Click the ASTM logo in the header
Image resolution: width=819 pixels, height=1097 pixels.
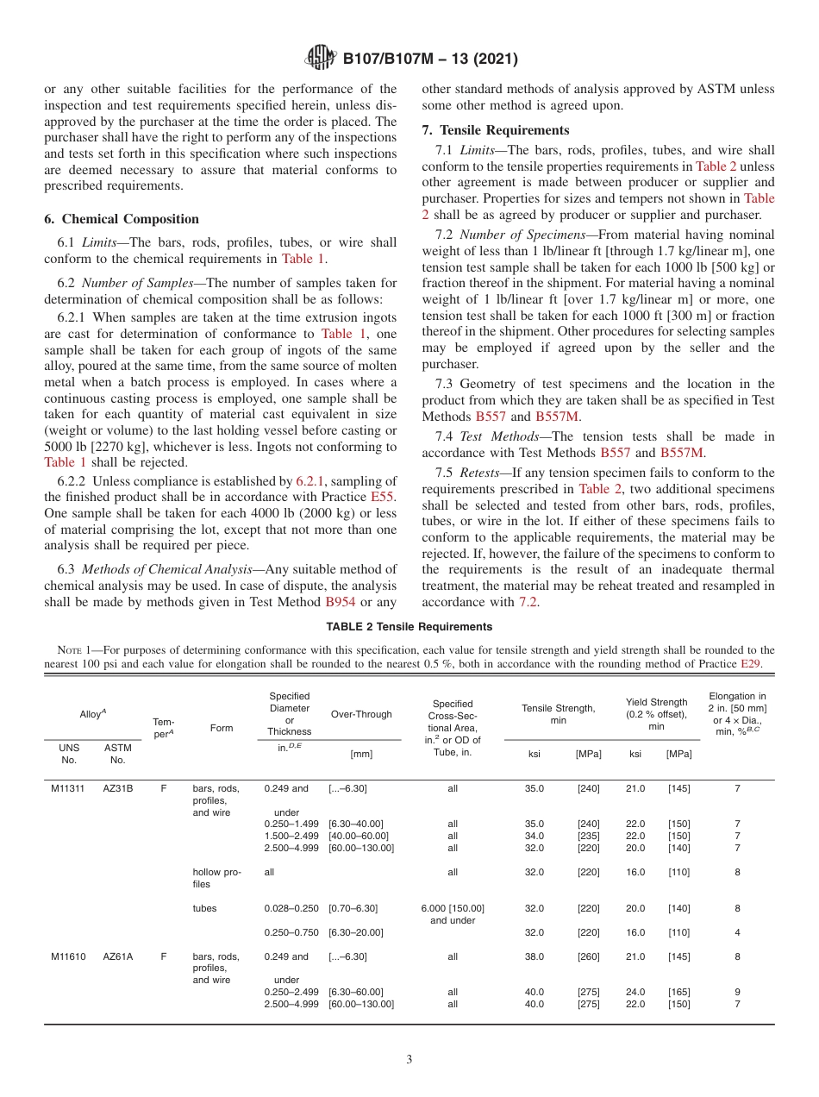tap(321, 60)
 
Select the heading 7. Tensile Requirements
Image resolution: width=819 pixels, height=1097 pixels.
tap(495, 130)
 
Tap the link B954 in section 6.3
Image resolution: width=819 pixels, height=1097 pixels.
tap(340, 602)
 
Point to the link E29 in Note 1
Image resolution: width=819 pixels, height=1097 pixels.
tap(750, 664)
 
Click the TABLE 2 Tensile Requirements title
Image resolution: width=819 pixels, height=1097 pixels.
tap(409, 627)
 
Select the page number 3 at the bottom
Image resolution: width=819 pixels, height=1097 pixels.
tap(409, 1060)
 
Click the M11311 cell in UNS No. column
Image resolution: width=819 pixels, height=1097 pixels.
tap(68, 788)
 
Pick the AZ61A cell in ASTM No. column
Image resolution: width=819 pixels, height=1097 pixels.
tap(118, 956)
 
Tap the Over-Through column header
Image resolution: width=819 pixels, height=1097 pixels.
tap(361, 714)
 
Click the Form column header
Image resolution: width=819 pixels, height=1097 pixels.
tap(222, 728)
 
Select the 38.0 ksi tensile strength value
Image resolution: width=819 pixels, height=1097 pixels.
tap(535, 956)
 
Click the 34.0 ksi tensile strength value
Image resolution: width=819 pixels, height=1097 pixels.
tap(535, 836)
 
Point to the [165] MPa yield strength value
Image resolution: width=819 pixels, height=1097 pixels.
tap(678, 992)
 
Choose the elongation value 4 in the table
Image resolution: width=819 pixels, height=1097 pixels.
tap(737, 932)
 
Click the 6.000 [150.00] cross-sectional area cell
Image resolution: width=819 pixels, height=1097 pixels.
tap(453, 908)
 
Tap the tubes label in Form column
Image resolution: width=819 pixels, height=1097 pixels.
tap(204, 908)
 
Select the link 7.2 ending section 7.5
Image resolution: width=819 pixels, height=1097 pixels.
tap(528, 602)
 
